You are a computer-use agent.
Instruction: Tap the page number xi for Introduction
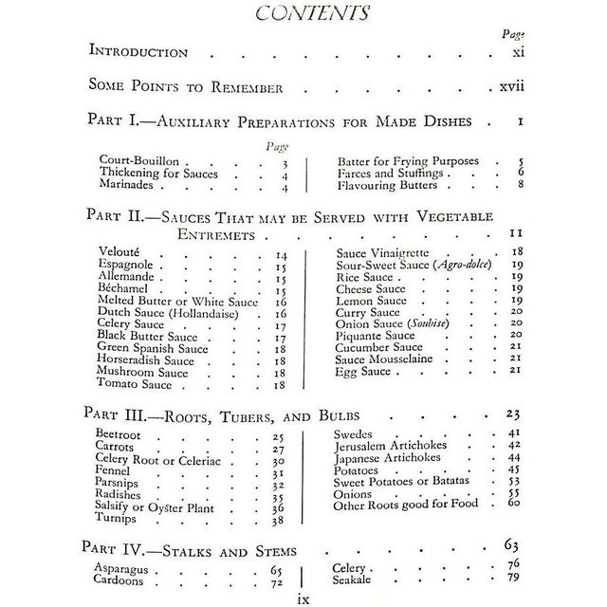pos(513,52)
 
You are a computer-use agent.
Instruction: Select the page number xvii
pos(507,87)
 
